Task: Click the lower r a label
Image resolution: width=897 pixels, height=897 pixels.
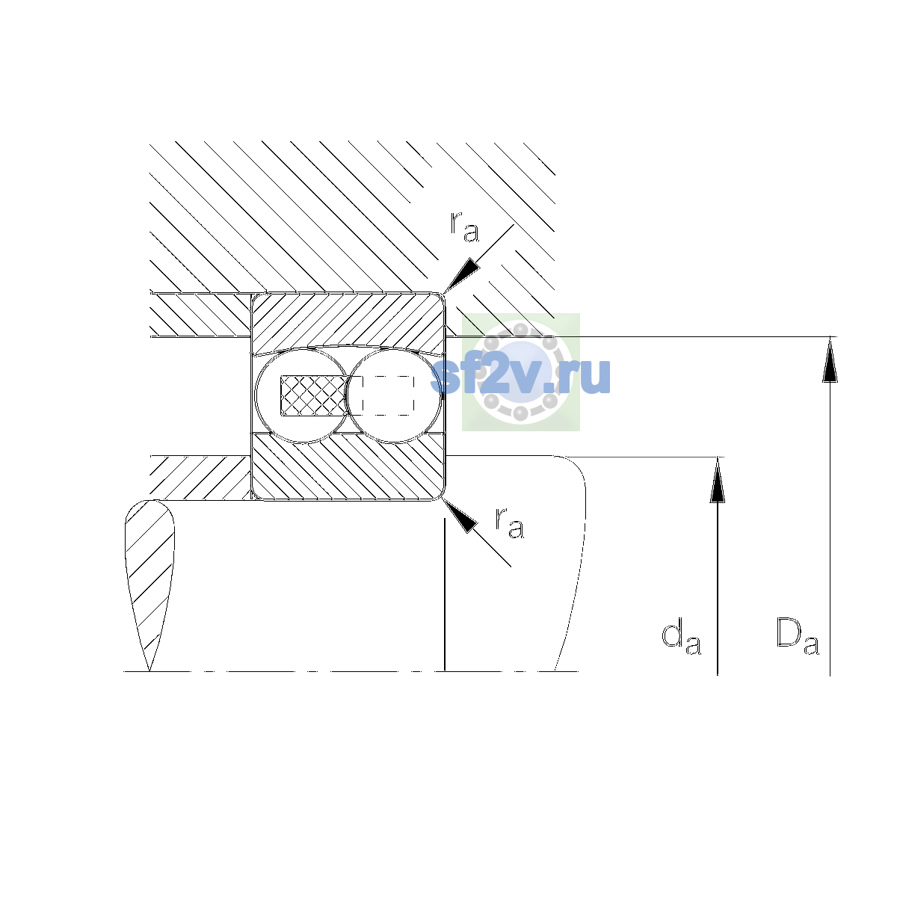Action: (x=510, y=523)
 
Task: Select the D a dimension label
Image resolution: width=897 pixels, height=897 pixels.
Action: (x=798, y=636)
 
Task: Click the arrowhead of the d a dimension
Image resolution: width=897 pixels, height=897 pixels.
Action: (x=718, y=480)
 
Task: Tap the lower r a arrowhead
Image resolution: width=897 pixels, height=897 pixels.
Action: (x=460, y=516)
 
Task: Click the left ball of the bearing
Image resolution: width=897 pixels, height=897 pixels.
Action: (x=303, y=395)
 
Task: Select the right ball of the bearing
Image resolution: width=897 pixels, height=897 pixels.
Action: (x=394, y=395)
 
